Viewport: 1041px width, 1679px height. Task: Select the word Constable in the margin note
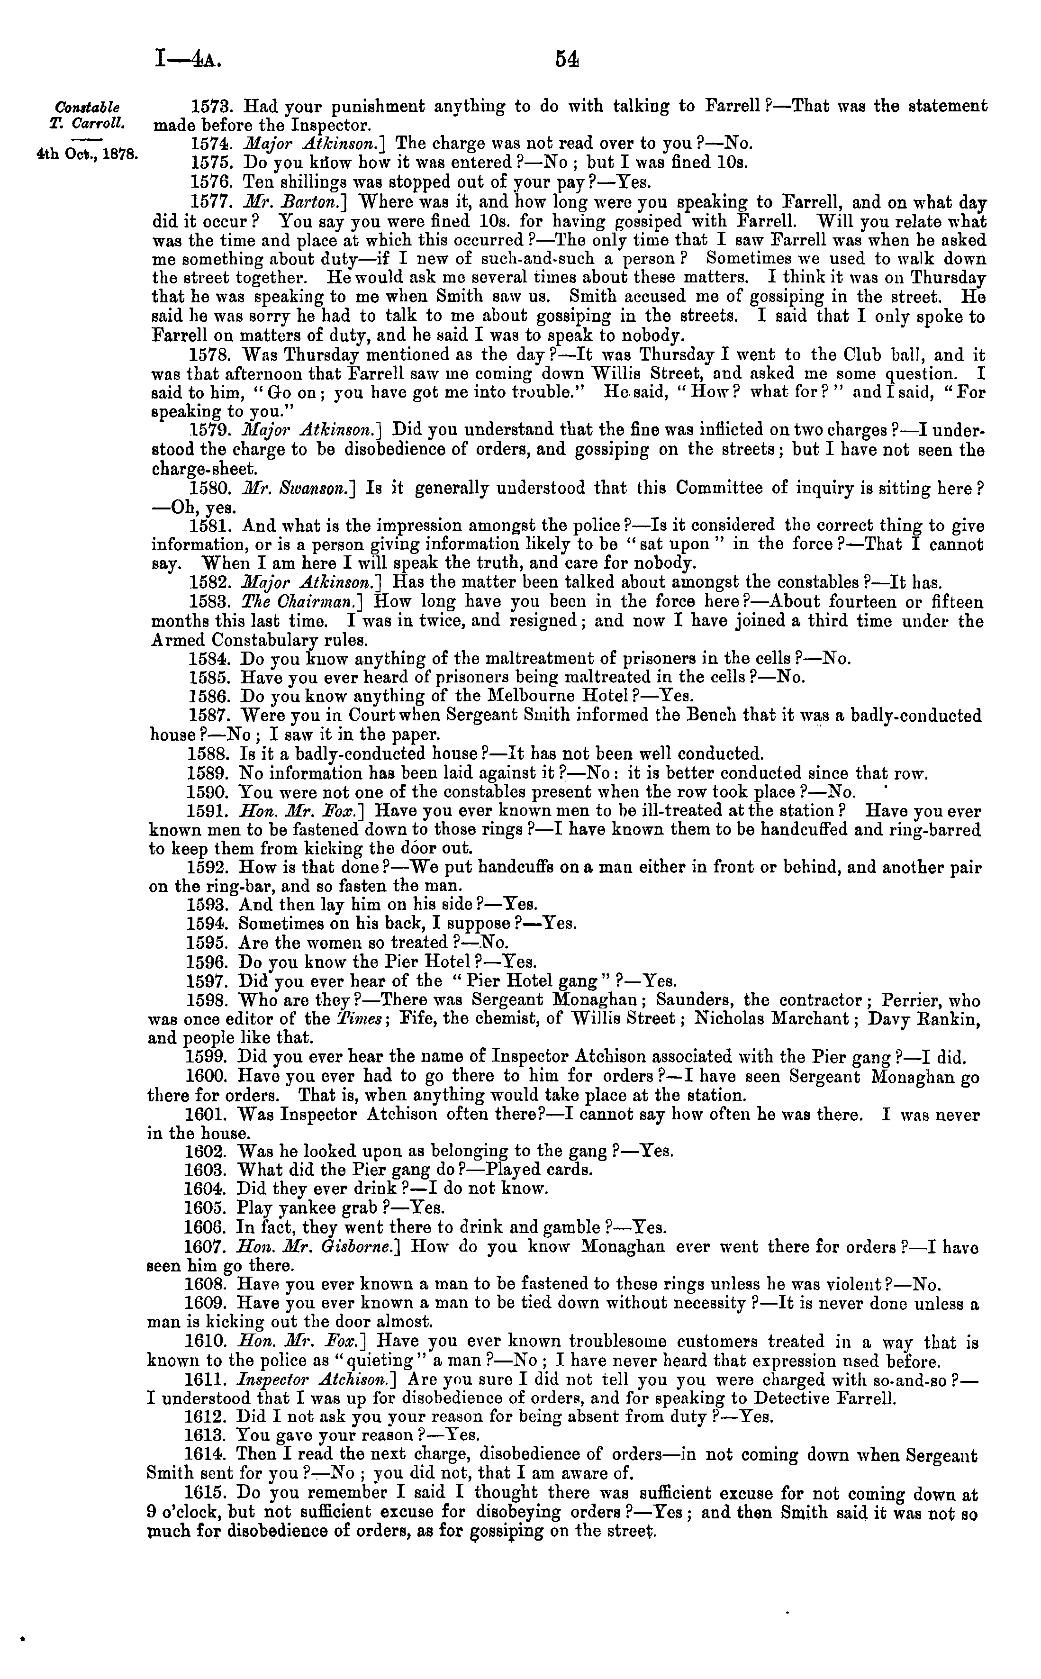pos(87,108)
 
